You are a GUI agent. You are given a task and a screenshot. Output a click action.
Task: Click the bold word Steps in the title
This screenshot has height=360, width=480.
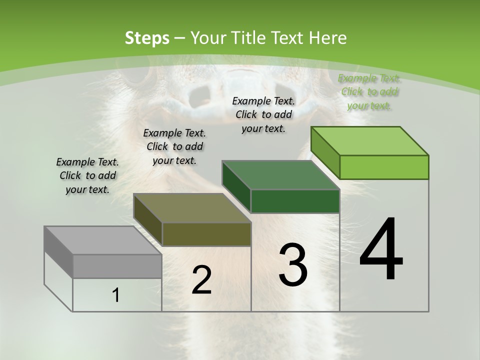tap(147, 38)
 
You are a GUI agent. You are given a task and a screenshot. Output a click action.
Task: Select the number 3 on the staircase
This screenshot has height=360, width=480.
tap(293, 265)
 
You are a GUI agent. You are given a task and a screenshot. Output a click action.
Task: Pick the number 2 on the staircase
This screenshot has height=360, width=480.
tap(201, 280)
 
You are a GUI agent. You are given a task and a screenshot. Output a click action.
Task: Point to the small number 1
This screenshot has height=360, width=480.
tap(116, 295)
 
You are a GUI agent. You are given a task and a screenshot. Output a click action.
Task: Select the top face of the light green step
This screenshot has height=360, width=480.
tap(370, 140)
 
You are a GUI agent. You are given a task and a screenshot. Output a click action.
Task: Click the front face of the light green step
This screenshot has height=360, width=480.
tap(384, 167)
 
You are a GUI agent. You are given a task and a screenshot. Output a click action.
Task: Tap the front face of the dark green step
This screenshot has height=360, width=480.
tap(295, 201)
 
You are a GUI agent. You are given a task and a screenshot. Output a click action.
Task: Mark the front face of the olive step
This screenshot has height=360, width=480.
tap(206, 234)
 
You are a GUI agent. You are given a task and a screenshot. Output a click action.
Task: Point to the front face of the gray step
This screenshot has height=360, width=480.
tap(117, 266)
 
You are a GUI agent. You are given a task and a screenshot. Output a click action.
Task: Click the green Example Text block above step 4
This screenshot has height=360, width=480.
tap(369, 91)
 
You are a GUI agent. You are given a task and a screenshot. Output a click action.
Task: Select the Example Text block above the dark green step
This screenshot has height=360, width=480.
tap(263, 114)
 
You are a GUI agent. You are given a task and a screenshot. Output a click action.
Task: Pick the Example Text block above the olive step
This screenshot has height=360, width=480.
tap(174, 146)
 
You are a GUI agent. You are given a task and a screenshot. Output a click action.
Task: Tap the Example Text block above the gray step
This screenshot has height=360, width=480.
tap(87, 175)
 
